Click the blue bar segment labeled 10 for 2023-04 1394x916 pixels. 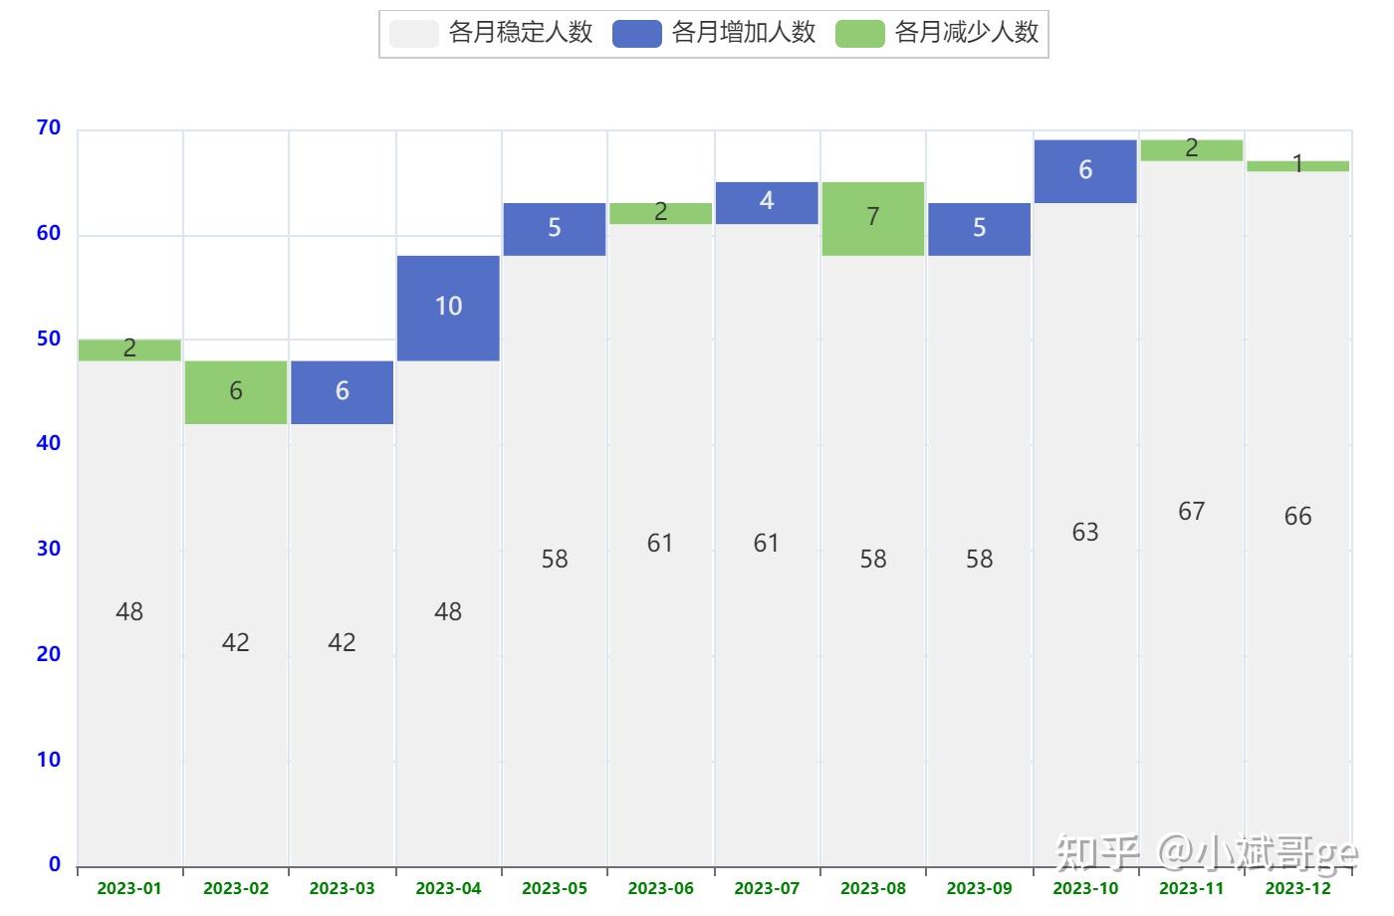pyautogui.click(x=448, y=308)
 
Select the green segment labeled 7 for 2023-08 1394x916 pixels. pyautogui.click(x=872, y=219)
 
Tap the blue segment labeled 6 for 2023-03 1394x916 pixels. pyautogui.click(x=342, y=392)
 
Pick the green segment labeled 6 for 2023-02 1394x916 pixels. pyautogui.click(x=236, y=392)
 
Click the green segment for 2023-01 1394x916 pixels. pyautogui.click(x=129, y=349)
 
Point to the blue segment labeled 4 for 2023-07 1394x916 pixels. pyautogui.click(x=766, y=203)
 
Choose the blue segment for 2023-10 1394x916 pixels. pyautogui.click(x=1085, y=171)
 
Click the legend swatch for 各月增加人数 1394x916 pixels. pyautogui.click(x=637, y=34)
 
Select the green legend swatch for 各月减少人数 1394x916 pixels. pyautogui.click(x=860, y=34)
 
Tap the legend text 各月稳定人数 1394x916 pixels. pyautogui.click(x=521, y=33)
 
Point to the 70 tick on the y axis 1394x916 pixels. pyautogui.click(x=49, y=128)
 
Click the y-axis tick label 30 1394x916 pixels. pyautogui.click(x=49, y=549)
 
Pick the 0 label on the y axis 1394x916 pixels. pyautogui.click(x=55, y=864)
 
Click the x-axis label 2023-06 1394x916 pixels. pyautogui.click(x=660, y=888)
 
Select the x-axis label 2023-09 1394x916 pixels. pyautogui.click(x=979, y=888)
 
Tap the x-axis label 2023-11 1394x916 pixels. pyautogui.click(x=1191, y=888)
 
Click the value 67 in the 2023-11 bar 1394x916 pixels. pyautogui.click(x=1191, y=512)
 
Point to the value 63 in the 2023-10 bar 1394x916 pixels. pyautogui.click(x=1085, y=533)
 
